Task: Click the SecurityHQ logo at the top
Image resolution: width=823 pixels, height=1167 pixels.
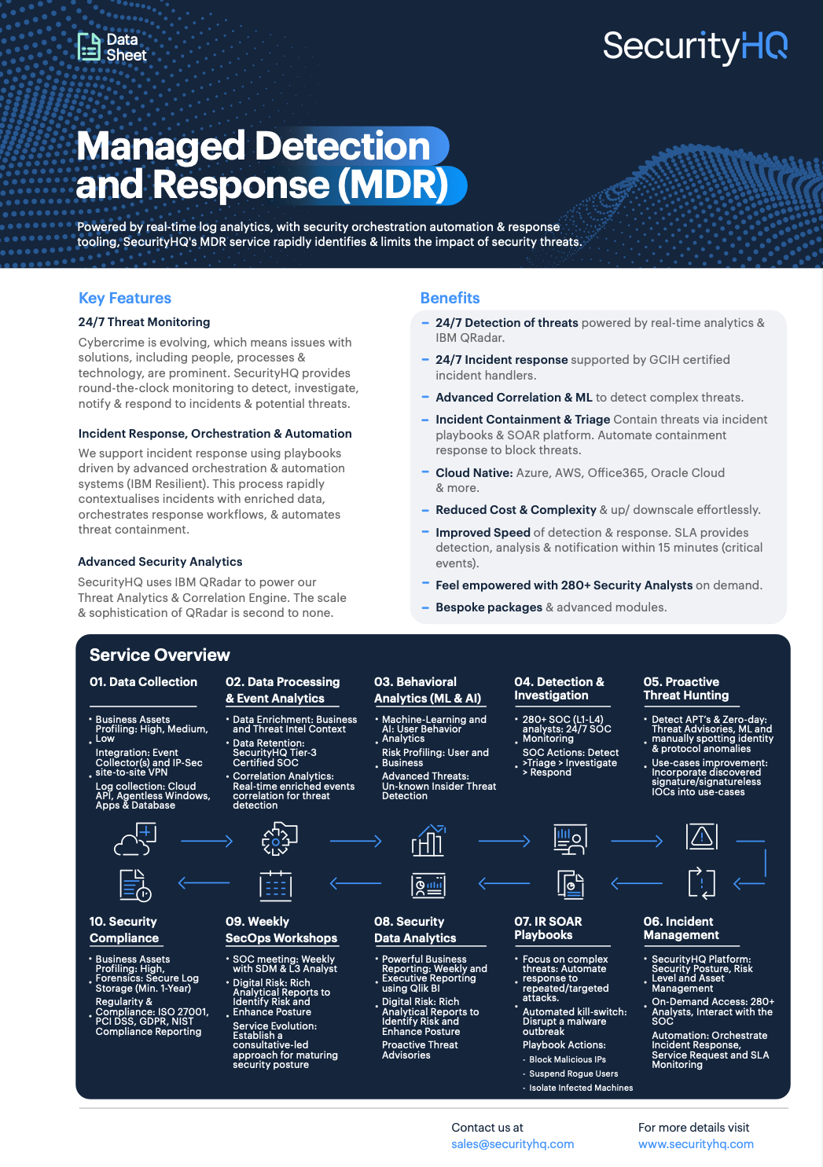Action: tap(695, 47)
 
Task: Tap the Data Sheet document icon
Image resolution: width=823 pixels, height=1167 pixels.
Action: tap(88, 47)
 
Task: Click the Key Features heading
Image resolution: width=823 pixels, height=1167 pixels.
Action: tap(125, 298)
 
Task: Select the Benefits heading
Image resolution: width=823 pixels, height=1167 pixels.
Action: tap(450, 298)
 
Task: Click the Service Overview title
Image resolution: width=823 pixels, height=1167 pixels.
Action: tap(160, 655)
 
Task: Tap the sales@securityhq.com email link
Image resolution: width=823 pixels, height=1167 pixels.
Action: tap(513, 1144)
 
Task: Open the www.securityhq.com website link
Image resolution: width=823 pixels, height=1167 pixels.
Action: tap(696, 1144)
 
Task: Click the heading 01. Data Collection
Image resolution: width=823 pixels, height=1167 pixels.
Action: tap(143, 682)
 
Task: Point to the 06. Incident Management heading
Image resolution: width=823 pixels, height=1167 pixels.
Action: tap(681, 928)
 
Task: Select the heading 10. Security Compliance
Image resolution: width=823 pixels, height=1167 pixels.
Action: tap(123, 930)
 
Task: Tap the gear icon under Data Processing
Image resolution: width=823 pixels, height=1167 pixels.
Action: tap(279, 839)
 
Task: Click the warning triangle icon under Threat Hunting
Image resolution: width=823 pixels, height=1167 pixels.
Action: tap(702, 836)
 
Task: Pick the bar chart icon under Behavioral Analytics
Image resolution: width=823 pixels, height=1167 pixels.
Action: tap(428, 840)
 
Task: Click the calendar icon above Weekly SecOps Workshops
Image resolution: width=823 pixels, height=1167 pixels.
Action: tap(276, 886)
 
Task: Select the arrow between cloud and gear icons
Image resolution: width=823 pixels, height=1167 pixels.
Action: tap(207, 842)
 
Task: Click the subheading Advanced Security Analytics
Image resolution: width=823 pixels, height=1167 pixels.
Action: tap(160, 562)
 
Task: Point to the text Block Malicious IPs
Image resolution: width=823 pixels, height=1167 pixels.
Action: tap(568, 1059)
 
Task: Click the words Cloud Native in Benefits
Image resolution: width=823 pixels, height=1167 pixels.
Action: tap(474, 473)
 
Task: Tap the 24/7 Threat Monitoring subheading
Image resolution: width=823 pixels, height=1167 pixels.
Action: tap(144, 322)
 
